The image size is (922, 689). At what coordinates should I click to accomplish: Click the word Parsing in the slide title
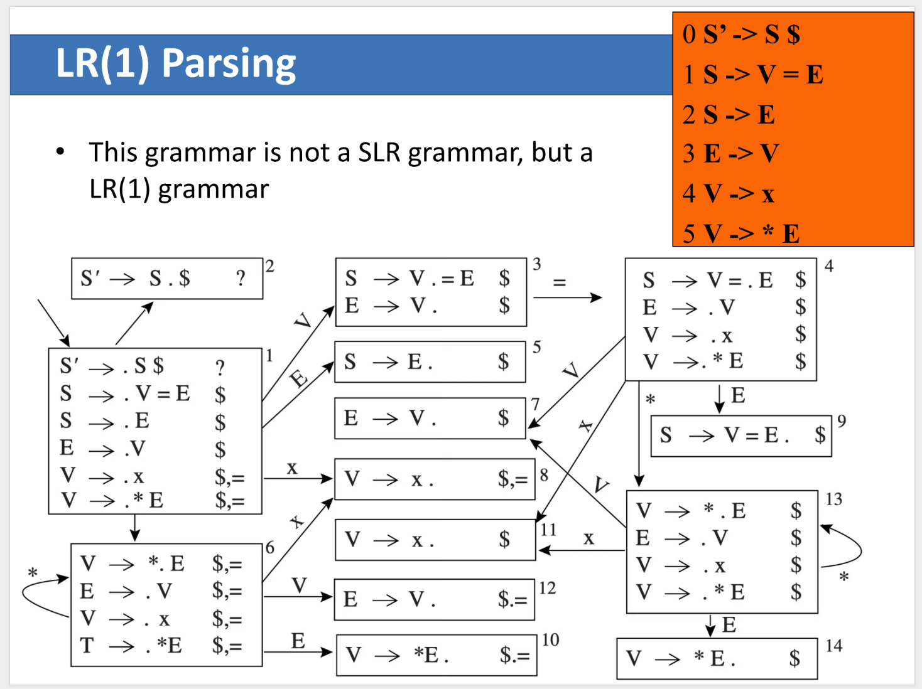tap(229, 64)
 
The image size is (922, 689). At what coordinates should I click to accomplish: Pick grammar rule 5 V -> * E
tap(740, 233)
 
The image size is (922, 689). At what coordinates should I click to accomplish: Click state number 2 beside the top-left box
tap(269, 266)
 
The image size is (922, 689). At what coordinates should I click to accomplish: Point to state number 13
tap(833, 499)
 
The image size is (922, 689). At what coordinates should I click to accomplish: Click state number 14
tap(833, 645)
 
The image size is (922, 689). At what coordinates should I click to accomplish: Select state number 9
tap(842, 420)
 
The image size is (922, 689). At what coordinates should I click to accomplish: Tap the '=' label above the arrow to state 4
tap(559, 282)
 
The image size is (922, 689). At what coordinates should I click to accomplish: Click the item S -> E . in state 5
tap(388, 361)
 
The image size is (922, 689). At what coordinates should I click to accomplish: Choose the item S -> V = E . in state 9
tap(724, 435)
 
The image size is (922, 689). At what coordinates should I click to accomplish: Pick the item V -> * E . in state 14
tap(680, 658)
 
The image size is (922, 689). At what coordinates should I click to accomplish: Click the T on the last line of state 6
tap(87, 645)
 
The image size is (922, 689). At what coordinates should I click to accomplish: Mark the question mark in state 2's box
tap(241, 278)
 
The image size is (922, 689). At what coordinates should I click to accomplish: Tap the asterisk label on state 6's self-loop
tap(33, 573)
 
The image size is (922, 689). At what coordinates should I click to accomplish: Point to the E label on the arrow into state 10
tap(298, 641)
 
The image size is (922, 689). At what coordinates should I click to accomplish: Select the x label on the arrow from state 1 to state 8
tap(292, 468)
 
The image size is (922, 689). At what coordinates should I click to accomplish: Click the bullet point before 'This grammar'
tap(60, 151)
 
